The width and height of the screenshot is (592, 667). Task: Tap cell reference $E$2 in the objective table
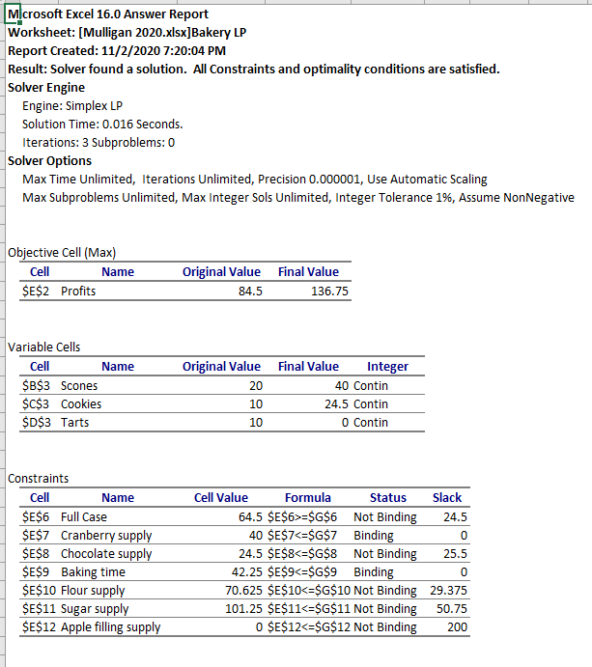40,291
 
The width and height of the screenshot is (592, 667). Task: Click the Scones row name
79,385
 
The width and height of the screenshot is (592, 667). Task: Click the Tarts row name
75,422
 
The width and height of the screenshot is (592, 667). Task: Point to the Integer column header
387,367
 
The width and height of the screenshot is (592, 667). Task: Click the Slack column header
447,498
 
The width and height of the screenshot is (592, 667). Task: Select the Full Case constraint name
84,516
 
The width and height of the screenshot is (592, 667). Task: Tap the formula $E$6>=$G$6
298,516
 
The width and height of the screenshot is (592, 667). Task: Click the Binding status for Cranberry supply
374,535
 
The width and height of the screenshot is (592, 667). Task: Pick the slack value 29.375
447,590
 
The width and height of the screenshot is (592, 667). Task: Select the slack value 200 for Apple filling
457,626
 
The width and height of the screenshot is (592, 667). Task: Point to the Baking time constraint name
93,571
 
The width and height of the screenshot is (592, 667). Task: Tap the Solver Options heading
50,161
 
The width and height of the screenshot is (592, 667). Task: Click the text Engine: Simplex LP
72,105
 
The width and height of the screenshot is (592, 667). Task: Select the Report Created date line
117,50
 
